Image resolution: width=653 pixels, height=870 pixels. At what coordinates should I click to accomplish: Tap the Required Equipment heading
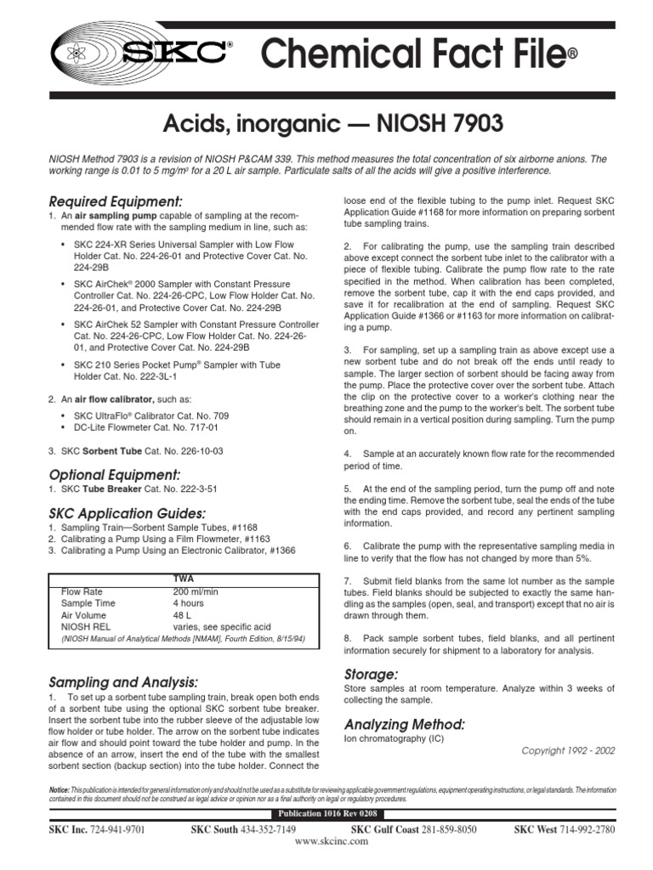[116, 201]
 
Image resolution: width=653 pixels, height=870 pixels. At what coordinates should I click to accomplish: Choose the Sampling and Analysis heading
[124, 682]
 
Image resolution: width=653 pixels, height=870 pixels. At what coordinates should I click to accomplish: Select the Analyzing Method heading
[404, 724]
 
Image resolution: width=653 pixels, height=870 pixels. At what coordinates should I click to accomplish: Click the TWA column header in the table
[184, 578]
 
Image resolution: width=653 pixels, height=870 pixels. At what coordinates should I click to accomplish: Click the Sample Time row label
[88, 602]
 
